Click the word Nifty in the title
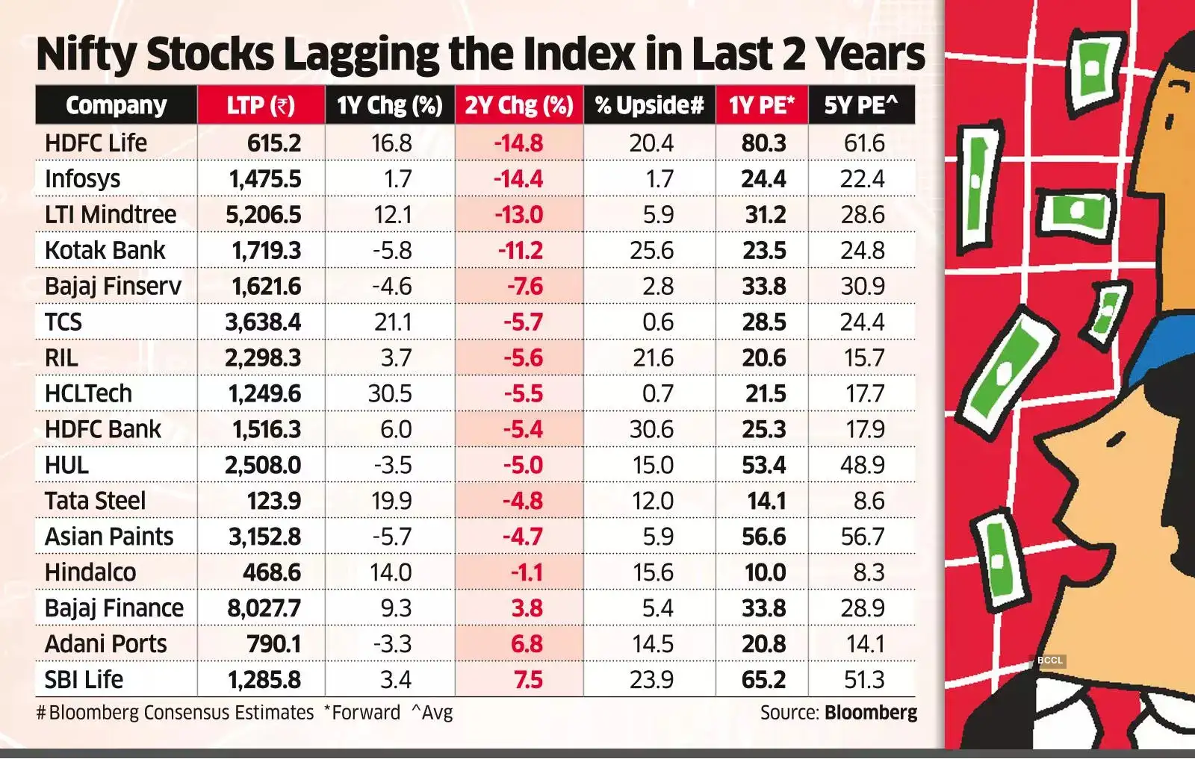coord(87,55)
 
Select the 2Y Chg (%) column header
coord(518,105)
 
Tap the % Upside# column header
coord(649,105)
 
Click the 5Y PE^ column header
coord(860,105)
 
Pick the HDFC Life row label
coord(96,143)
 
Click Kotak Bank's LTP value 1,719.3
coord(266,251)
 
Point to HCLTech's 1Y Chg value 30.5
coord(390,393)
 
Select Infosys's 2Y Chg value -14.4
coord(518,179)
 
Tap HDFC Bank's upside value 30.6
coord(651,429)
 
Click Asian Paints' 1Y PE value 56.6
coord(763,537)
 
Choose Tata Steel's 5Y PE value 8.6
coord(869,501)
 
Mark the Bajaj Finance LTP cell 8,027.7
coord(264,608)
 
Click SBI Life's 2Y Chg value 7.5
coord(527,680)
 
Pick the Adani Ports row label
coord(105,644)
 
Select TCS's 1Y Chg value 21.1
coord(392,322)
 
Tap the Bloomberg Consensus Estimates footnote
coord(176,713)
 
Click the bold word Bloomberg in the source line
coord(871,713)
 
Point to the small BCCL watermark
coord(1049,660)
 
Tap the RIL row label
coord(61,357)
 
